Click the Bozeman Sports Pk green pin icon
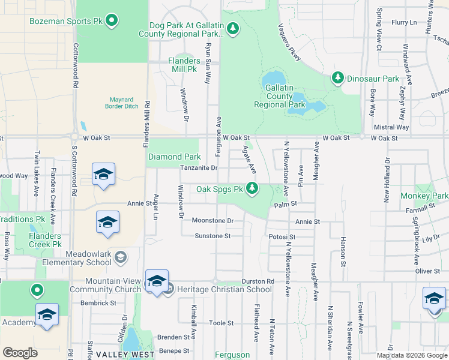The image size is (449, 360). click(x=112, y=21)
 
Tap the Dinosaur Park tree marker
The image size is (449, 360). click(x=338, y=78)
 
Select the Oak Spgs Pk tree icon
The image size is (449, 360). click(x=253, y=189)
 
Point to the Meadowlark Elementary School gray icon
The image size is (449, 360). click(x=121, y=257)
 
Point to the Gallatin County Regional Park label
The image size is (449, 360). click(x=280, y=96)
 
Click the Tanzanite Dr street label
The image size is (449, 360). click(x=199, y=168)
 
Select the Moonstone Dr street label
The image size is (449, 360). click(x=212, y=221)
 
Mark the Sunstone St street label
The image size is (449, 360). click(x=212, y=236)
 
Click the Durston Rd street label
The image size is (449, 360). click(x=258, y=281)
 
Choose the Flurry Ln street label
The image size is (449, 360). click(x=404, y=22)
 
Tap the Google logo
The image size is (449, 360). click(x=20, y=352)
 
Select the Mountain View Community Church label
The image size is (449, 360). click(x=104, y=285)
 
